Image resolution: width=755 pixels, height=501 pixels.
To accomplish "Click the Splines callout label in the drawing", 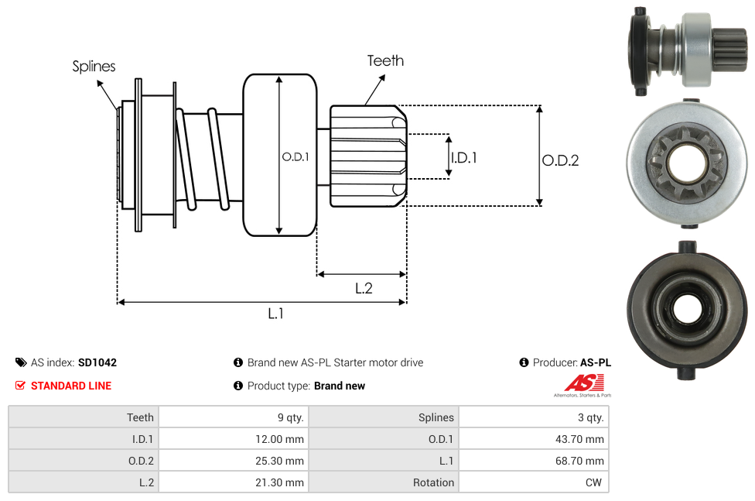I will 94,67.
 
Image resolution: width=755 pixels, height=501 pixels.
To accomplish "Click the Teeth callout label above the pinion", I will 385,60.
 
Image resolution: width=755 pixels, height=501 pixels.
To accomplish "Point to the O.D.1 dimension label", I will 296,156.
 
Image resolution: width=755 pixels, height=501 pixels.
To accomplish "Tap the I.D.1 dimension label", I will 463,157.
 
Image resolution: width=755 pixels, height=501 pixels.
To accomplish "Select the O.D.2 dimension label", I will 560,160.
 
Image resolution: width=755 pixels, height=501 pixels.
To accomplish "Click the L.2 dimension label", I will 364,288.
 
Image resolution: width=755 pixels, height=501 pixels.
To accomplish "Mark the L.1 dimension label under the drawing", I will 276,313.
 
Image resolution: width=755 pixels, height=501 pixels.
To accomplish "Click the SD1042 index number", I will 97,362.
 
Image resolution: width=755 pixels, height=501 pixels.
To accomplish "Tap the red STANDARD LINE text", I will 70,386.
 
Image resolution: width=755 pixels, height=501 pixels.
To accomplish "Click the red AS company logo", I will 582,383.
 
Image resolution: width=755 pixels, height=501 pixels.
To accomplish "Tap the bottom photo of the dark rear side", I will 685,310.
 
